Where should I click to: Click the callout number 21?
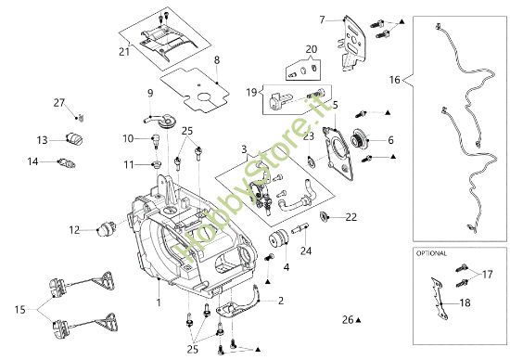(124, 52)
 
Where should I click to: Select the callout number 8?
(216, 60)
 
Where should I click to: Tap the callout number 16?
(396, 81)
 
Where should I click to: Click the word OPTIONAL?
(432, 252)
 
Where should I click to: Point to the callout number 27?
(58, 102)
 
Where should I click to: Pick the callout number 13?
(42, 140)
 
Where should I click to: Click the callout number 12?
(75, 229)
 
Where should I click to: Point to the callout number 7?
(323, 19)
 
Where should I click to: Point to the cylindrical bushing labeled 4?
(278, 238)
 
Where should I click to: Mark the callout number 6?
(390, 140)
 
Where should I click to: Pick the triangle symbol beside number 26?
(358, 319)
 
